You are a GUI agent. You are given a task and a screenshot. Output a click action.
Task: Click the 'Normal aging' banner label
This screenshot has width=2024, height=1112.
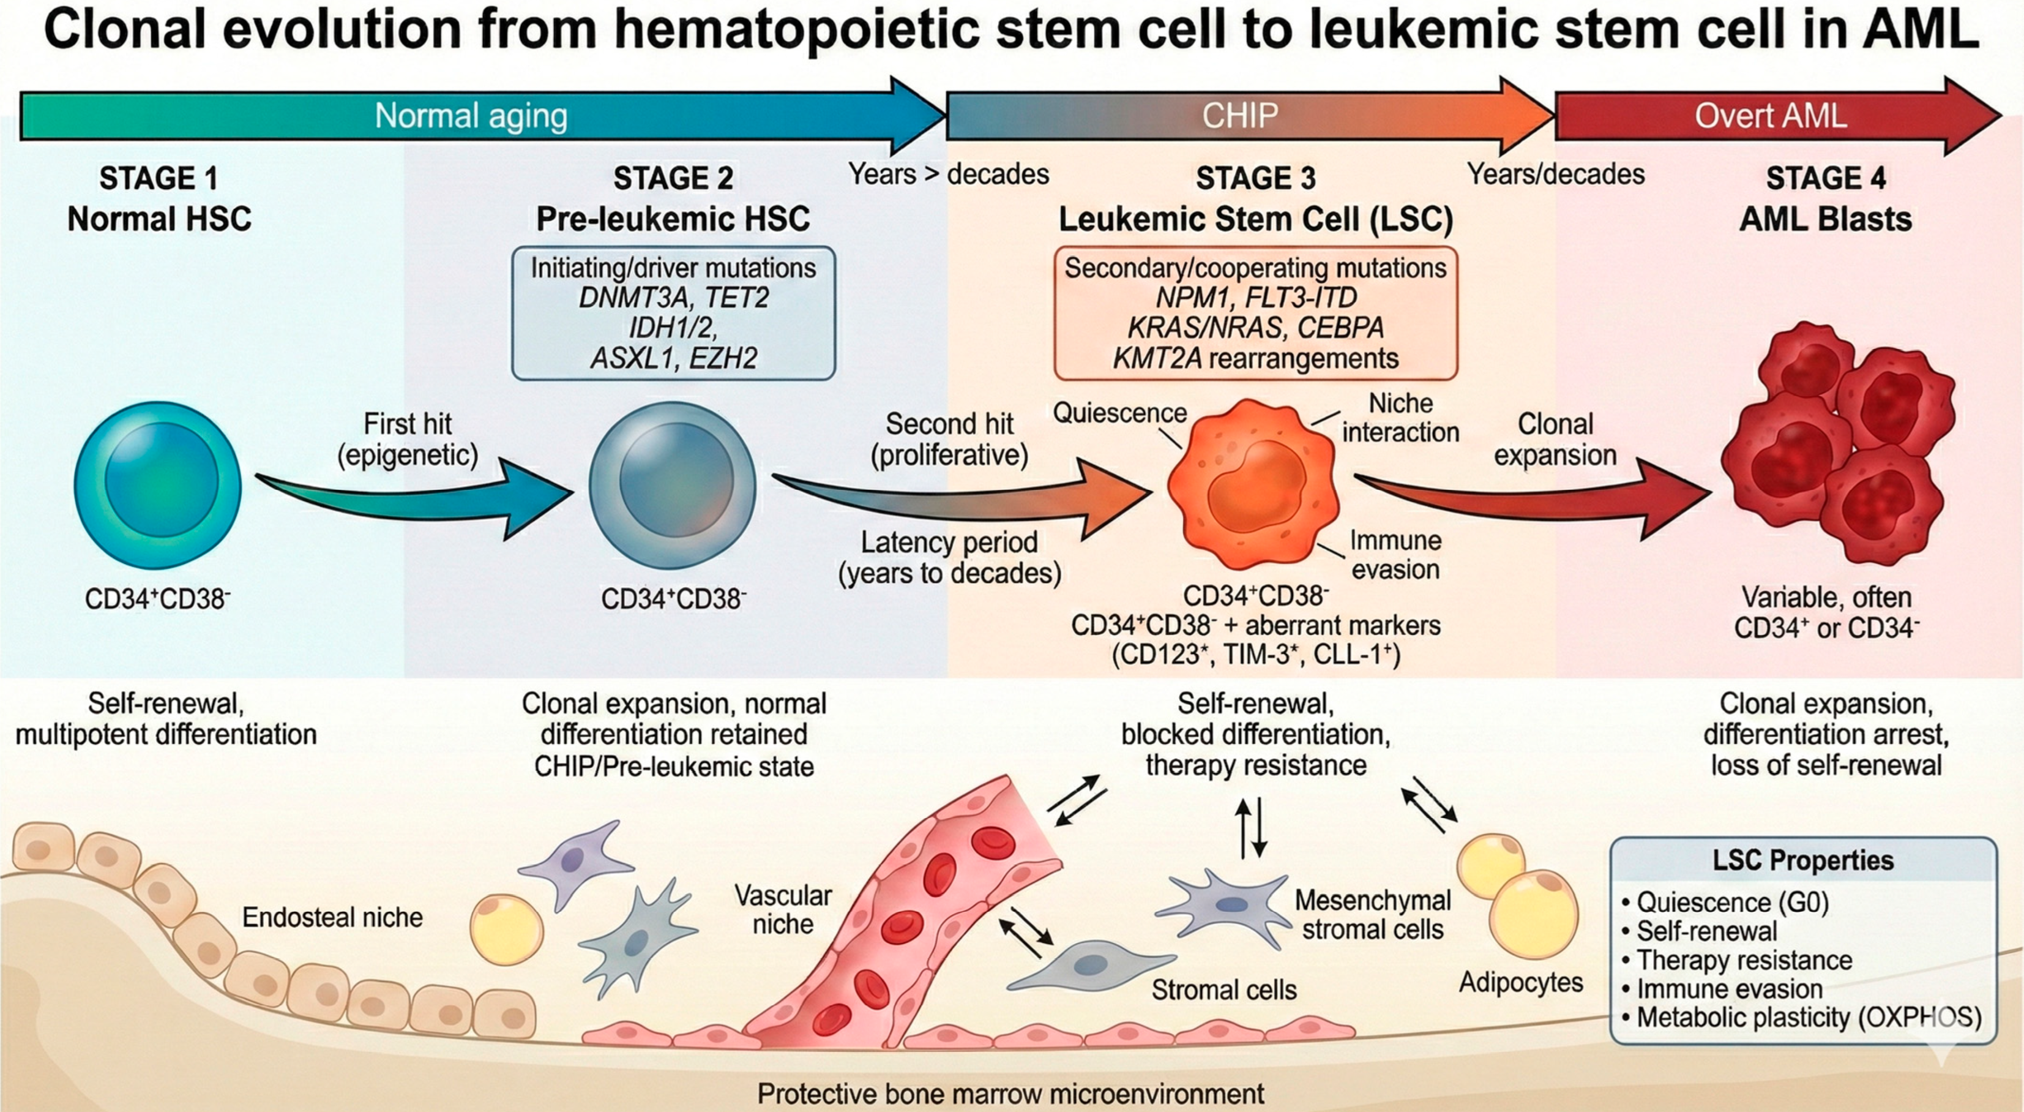pyautogui.click(x=471, y=116)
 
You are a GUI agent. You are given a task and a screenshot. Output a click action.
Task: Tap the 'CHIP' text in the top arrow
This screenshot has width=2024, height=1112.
pyautogui.click(x=1240, y=116)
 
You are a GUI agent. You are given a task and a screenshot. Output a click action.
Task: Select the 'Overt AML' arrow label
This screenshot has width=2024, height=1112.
pyautogui.click(x=1770, y=116)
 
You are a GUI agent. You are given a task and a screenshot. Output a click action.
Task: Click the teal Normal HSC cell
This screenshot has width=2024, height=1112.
pyautogui.click(x=158, y=486)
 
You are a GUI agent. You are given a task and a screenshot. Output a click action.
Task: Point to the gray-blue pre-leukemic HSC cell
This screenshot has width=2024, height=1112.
pyautogui.click(x=673, y=486)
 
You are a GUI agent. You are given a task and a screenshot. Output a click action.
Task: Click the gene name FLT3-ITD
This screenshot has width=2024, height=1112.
pyautogui.click(x=1301, y=298)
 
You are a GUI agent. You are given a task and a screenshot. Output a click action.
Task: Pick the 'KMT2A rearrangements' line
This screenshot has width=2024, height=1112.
pyautogui.click(x=1255, y=358)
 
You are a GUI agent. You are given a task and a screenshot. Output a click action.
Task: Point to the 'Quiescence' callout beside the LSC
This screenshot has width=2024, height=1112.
pyautogui.click(x=1119, y=413)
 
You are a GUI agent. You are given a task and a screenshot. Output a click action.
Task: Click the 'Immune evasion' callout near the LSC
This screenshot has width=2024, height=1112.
pyautogui.click(x=1395, y=555)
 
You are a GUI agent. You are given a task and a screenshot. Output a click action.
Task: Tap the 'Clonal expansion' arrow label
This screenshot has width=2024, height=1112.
pyautogui.click(x=1555, y=439)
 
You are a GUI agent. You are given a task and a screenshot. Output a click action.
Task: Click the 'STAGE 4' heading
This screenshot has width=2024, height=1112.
pyautogui.click(x=1825, y=178)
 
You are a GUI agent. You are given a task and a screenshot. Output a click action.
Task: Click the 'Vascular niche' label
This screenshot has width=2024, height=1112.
pyautogui.click(x=783, y=909)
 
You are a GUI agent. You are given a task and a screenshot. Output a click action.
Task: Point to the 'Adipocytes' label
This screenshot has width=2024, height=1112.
pyautogui.click(x=1521, y=982)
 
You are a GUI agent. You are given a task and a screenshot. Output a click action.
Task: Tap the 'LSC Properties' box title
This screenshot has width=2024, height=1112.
pyautogui.click(x=1803, y=860)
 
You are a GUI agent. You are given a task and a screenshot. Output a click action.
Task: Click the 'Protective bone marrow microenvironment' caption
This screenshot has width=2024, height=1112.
pyautogui.click(x=1011, y=1093)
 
